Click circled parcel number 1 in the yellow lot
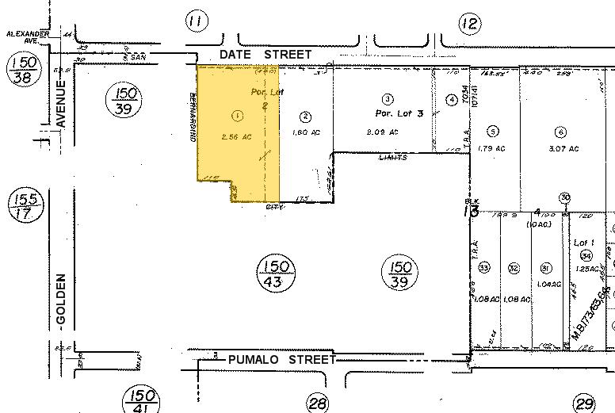(x=237, y=116)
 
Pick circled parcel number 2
(x=305, y=117)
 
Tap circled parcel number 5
(x=493, y=132)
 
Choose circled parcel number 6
(x=561, y=132)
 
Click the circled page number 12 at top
(x=470, y=24)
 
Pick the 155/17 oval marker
(x=21, y=208)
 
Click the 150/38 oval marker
(x=21, y=70)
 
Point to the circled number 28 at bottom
(x=318, y=403)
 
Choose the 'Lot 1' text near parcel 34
(x=584, y=243)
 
